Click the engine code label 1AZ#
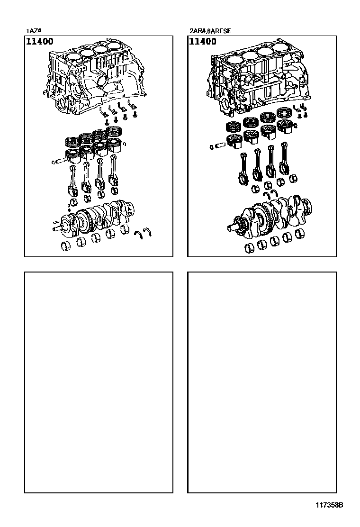coord(34,31)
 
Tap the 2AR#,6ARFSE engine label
coord(210,31)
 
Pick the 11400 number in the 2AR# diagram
coord(203,41)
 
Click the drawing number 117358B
coord(329,505)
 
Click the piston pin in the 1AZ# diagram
coord(59,162)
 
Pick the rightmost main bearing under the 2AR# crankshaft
coord(301,234)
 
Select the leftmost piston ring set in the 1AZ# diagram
coord(72,142)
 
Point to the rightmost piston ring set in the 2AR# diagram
coord(285,113)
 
